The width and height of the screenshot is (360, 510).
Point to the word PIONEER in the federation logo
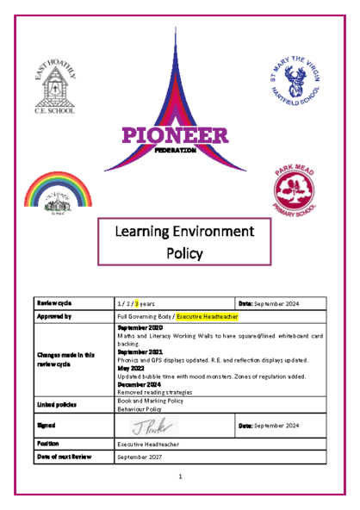click(x=175, y=136)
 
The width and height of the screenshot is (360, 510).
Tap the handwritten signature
click(x=156, y=425)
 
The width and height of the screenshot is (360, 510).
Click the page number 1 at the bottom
click(x=180, y=476)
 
